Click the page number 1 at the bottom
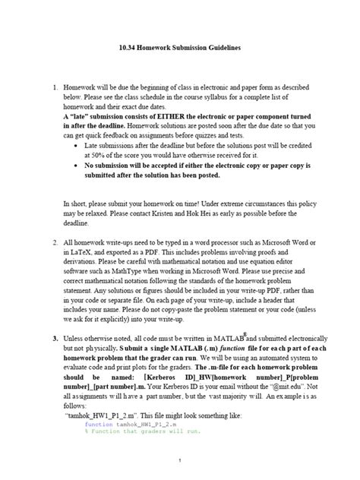point(179,461)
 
